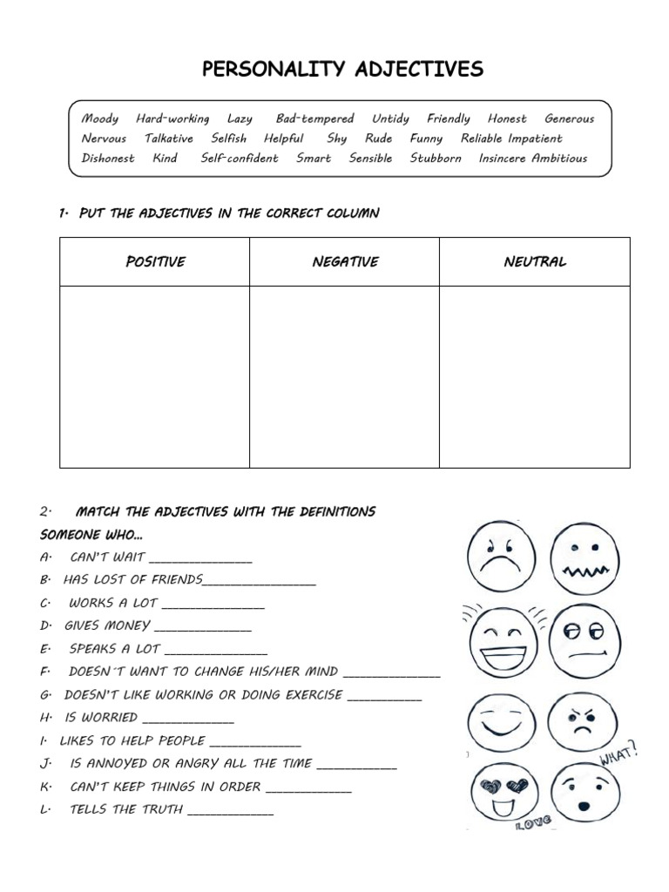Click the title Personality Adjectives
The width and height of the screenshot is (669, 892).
tap(342, 70)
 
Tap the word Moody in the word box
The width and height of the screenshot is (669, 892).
tap(100, 118)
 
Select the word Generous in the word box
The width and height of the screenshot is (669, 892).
tap(569, 118)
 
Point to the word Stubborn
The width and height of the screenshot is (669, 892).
tap(436, 159)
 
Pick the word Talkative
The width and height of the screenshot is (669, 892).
tap(169, 139)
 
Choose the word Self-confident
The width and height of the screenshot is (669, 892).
tap(240, 159)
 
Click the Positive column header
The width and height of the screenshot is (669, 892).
tap(155, 262)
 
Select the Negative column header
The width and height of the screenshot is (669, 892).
tap(345, 262)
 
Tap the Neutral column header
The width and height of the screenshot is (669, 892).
tap(535, 262)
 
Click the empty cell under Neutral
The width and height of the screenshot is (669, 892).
tap(535, 376)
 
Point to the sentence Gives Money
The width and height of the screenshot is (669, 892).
tap(107, 625)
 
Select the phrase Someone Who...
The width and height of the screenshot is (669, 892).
tap(91, 534)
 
